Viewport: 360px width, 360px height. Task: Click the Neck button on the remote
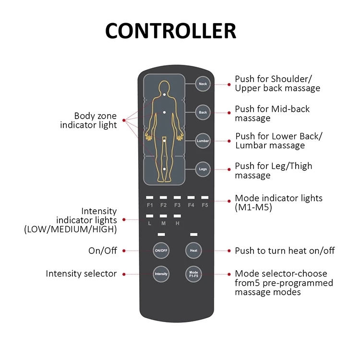203,84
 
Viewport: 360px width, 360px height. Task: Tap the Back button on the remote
203,113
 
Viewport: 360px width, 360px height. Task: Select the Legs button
203,168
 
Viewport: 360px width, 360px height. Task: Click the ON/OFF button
161,251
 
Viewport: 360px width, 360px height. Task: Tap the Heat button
193,251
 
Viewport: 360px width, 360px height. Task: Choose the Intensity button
161,274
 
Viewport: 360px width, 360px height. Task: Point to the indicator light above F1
150,197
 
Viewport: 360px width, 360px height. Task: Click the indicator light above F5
205,197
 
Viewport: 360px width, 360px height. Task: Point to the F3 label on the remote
177,205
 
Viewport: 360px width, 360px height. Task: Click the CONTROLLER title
171,31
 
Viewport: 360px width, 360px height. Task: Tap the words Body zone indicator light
95,120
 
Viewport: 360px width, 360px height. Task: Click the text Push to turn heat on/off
285,251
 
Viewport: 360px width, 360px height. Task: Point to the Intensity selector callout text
81,274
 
